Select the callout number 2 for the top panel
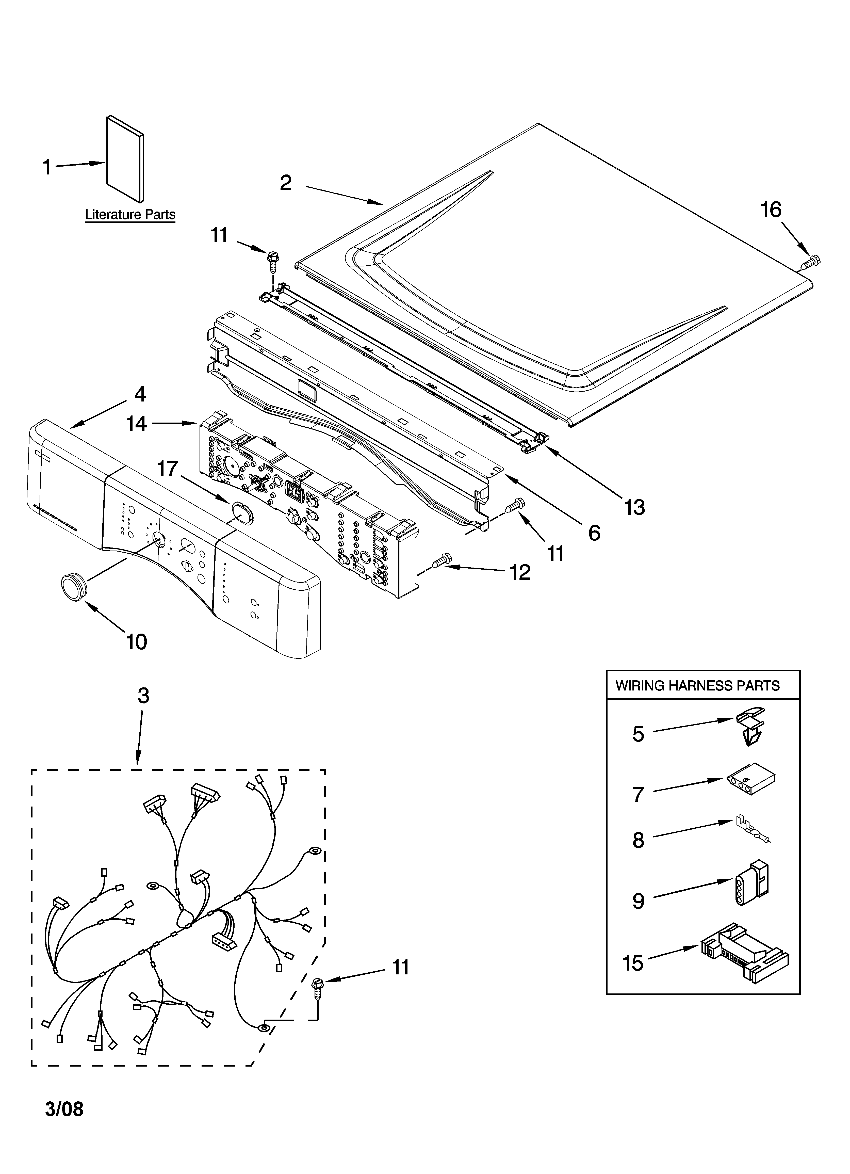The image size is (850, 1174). coord(286,183)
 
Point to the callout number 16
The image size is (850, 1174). coord(770,210)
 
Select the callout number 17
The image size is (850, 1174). coord(167,469)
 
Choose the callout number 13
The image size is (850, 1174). coord(634,507)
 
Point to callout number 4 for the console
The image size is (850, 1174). coord(140,394)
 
